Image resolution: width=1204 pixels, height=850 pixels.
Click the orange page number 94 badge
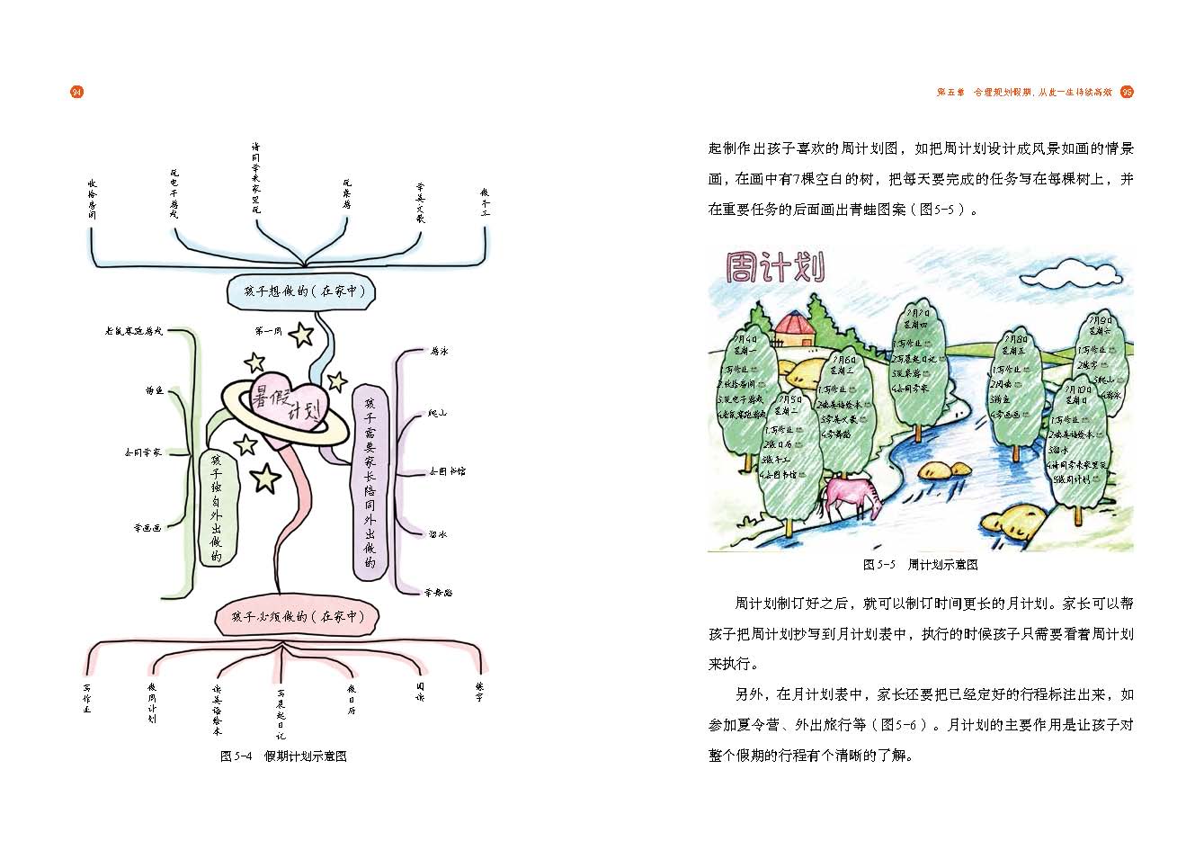pos(76,92)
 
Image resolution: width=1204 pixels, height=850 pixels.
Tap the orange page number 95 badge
pos(1127,92)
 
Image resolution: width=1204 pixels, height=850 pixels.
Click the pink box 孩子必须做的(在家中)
pos(298,617)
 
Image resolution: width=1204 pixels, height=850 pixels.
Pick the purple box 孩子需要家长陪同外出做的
pos(369,481)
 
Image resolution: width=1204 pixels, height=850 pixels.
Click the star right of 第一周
pos(302,336)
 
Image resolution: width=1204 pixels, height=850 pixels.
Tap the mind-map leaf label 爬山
pos(438,414)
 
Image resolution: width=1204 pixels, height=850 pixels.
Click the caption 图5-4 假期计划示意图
pos(283,756)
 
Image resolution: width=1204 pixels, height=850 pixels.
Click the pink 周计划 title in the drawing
pos(775,267)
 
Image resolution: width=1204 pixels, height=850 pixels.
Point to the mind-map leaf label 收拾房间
pos(93,199)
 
